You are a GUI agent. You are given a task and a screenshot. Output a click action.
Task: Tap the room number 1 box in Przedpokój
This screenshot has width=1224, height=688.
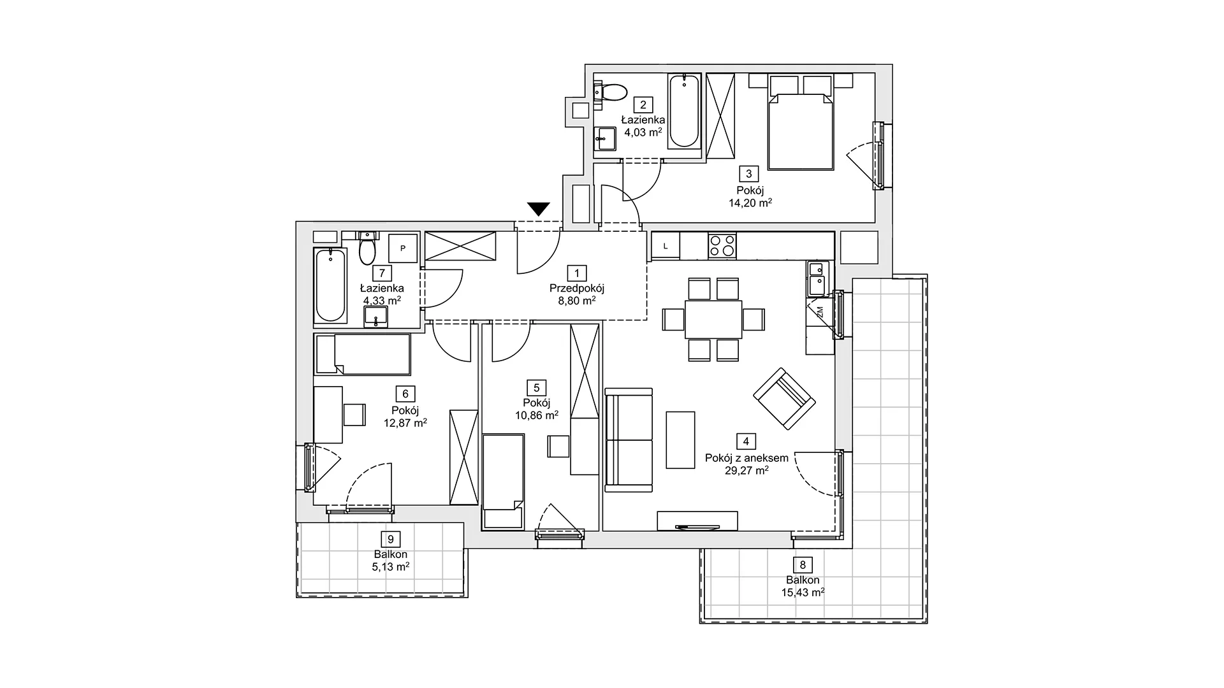[x=576, y=274]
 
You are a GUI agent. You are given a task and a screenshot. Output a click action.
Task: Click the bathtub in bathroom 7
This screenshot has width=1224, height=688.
[x=330, y=286]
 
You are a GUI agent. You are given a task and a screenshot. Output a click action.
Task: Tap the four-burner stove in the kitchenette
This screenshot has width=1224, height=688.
[x=722, y=246]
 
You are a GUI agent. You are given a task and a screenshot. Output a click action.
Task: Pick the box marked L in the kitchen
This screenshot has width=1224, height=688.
[x=666, y=246]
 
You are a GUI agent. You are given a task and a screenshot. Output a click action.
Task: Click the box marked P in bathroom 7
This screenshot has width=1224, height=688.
[x=403, y=248]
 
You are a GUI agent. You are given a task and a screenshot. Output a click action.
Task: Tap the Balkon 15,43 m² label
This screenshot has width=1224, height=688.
[x=803, y=586]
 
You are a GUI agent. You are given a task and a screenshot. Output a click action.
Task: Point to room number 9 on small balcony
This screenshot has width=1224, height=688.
[x=391, y=539]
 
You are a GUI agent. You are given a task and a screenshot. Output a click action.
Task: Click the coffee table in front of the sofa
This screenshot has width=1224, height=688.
[x=680, y=440]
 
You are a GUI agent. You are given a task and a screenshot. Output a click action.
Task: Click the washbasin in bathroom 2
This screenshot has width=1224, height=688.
[x=605, y=138]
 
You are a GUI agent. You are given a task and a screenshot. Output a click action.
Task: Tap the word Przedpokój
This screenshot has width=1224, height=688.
[x=576, y=288]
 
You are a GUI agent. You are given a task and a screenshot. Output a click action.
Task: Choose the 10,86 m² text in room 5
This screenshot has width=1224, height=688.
[x=537, y=415]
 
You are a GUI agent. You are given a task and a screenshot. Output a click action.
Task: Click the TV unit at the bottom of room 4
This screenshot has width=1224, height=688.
[x=697, y=520]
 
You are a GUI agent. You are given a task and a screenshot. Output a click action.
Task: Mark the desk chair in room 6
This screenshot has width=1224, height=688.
[x=355, y=415]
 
